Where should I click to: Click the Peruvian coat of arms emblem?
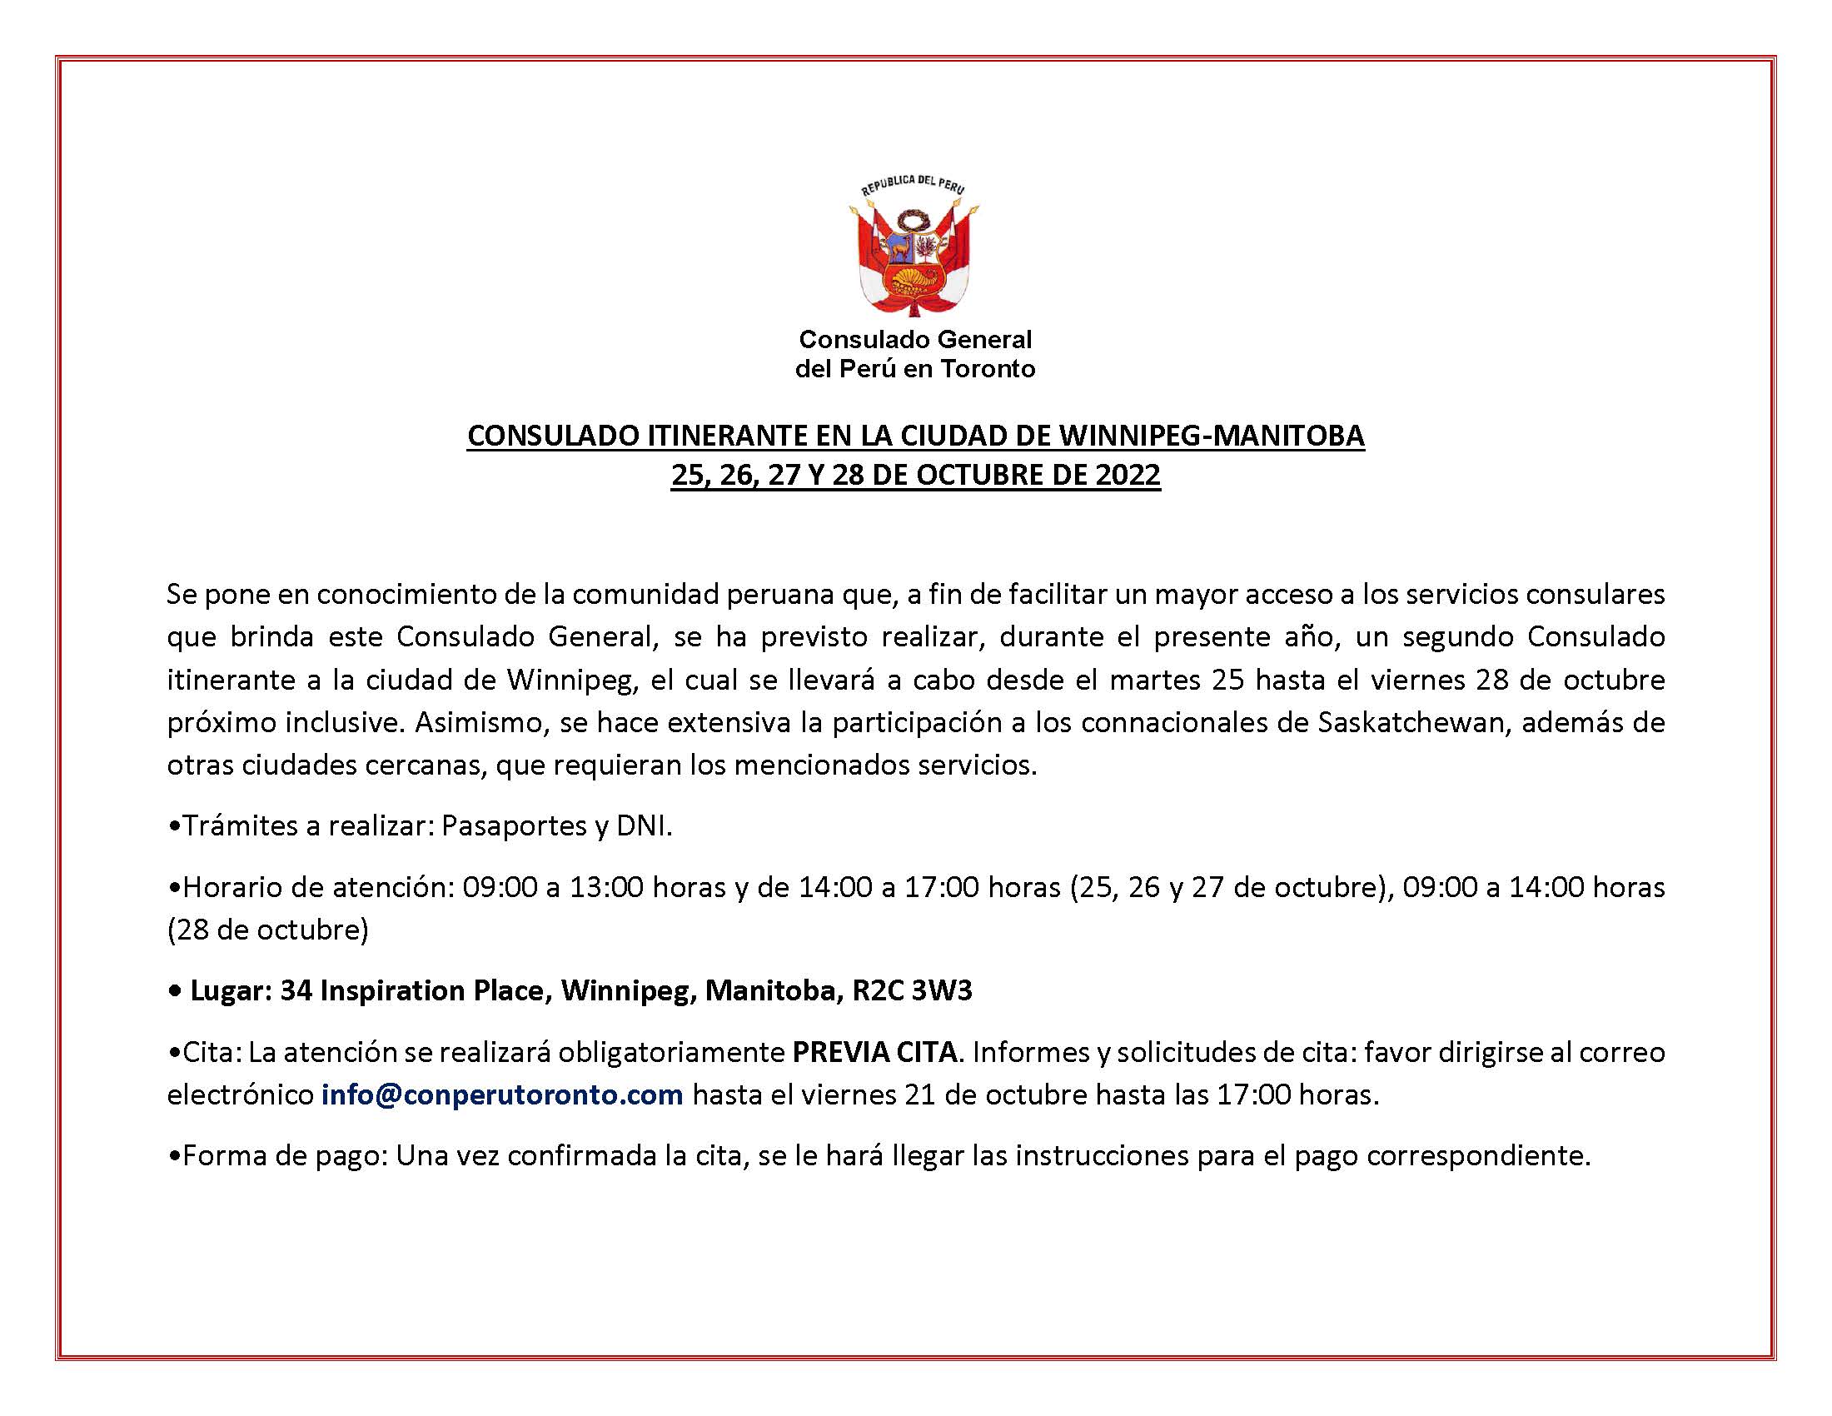(x=915, y=248)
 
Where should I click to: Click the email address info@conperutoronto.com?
(x=501, y=1095)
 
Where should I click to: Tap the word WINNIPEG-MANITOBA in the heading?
(x=1212, y=436)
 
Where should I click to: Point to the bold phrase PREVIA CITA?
(x=874, y=1052)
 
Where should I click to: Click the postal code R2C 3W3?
(x=912, y=990)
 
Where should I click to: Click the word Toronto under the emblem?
(x=988, y=369)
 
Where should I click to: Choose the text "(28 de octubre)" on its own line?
(x=267, y=930)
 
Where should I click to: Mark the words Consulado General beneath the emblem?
(x=915, y=340)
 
